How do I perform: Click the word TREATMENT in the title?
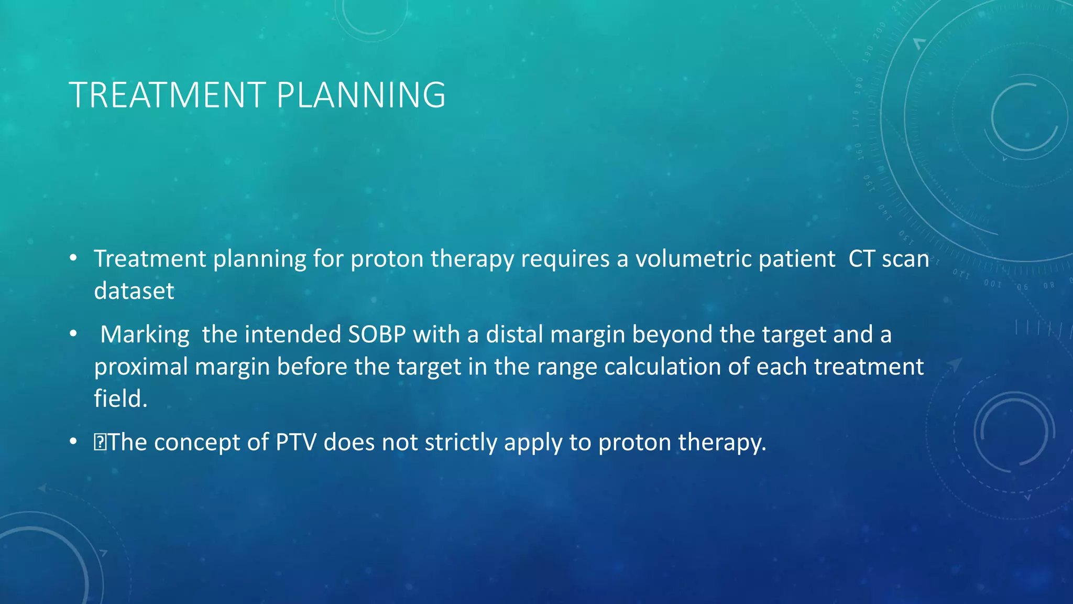[168, 95]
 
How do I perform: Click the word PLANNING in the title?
[361, 95]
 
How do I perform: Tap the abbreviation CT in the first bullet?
[862, 259]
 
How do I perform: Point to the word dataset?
[134, 291]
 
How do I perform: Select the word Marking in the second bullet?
[145, 335]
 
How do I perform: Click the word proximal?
[141, 367]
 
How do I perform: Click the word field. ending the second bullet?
[121, 399]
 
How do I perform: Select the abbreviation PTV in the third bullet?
[296, 443]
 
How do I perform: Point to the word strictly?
[461, 443]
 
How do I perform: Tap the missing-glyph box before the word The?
[99, 443]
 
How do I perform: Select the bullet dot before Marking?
[73, 334]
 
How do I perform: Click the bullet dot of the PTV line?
[73, 442]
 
